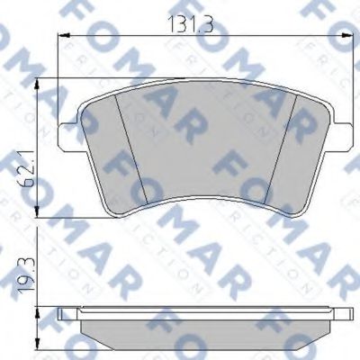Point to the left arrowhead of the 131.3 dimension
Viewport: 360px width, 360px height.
pyautogui.click(x=63, y=35)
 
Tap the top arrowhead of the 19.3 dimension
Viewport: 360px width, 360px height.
pyautogui.click(x=36, y=310)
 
